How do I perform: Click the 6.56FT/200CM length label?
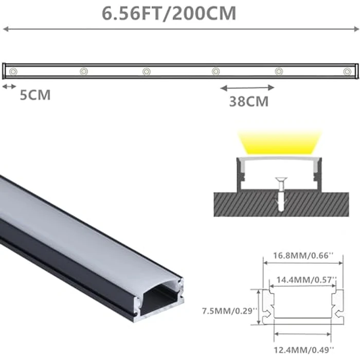[169, 13]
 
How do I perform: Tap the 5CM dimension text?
[35, 95]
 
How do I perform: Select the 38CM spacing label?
[249, 101]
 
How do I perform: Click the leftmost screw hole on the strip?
[14, 70]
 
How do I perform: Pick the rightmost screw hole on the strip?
[346, 70]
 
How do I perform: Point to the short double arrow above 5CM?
[9, 86]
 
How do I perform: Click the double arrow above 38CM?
[247, 87]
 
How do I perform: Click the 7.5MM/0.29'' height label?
[224, 311]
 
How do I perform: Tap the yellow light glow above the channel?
[279, 142]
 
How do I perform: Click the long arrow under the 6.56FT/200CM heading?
[180, 29]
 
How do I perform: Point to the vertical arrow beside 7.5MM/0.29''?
[259, 307]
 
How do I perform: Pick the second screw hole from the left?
[84, 70]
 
